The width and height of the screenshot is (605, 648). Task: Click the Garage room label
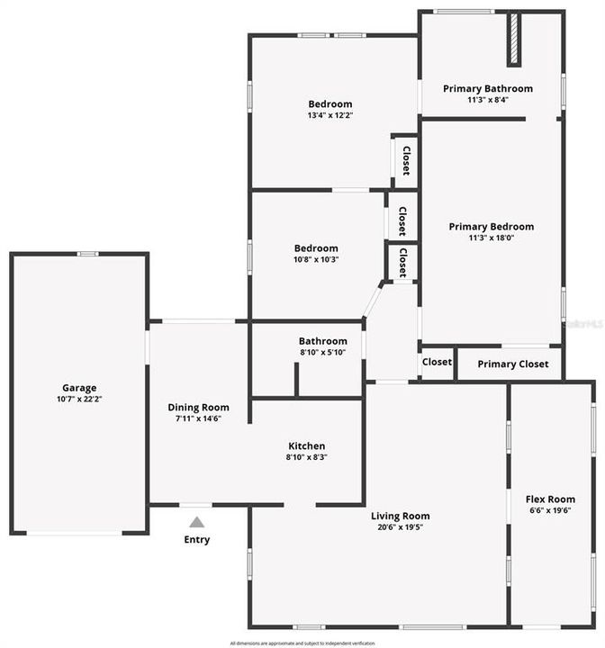coord(79,388)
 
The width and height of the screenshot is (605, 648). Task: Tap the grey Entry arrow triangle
coord(197,522)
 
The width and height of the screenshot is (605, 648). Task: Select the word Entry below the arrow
coord(197,540)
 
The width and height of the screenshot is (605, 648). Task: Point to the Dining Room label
coord(198,407)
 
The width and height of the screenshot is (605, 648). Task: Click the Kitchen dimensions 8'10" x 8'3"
coord(306,457)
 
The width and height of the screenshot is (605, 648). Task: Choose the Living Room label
coord(401,516)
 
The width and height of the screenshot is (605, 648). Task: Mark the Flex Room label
coord(550,499)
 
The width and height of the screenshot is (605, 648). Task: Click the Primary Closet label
coord(510,364)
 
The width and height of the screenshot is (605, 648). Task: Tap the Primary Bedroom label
coord(492,227)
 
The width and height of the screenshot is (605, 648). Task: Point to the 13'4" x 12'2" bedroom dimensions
coord(330,115)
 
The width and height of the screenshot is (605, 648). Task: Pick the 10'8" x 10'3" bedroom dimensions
coord(316,259)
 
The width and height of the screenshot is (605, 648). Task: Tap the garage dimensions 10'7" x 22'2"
coord(79,399)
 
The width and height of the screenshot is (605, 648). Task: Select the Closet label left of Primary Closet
coord(437,362)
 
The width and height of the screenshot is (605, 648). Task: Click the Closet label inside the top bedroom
coord(406,160)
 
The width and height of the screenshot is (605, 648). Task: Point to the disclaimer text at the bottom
coord(302,643)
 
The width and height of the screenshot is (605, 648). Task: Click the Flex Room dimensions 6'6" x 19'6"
coord(550,510)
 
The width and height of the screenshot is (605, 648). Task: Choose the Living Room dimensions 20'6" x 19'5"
coord(401,527)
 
